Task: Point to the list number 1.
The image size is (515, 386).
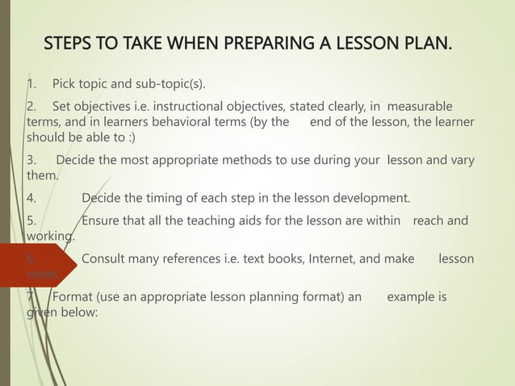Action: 30,84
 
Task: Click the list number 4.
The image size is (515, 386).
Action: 30,198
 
